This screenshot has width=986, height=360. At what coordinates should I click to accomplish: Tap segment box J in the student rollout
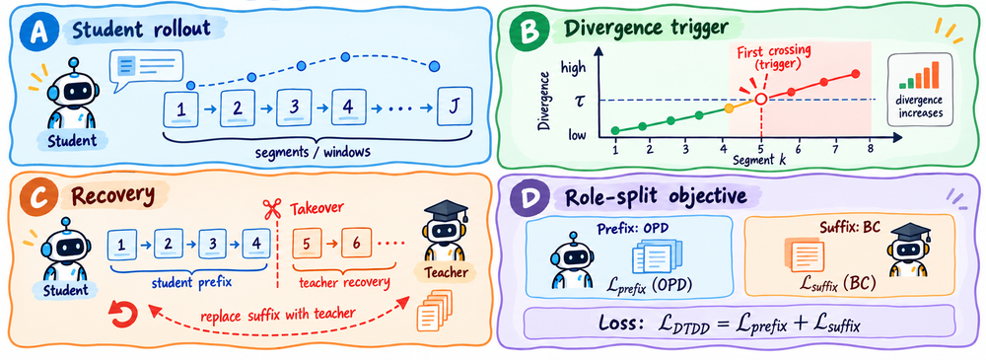455,107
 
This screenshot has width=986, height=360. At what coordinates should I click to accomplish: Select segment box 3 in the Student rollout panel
294,107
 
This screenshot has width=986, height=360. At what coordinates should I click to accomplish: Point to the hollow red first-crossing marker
761,99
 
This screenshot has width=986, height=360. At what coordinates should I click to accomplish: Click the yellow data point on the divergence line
729,108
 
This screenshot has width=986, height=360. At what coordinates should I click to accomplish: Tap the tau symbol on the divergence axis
583,99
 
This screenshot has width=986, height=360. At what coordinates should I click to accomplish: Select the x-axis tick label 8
871,148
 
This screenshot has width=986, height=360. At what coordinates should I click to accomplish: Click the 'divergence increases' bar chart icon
918,74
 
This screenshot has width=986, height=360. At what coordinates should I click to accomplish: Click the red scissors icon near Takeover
272,209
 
